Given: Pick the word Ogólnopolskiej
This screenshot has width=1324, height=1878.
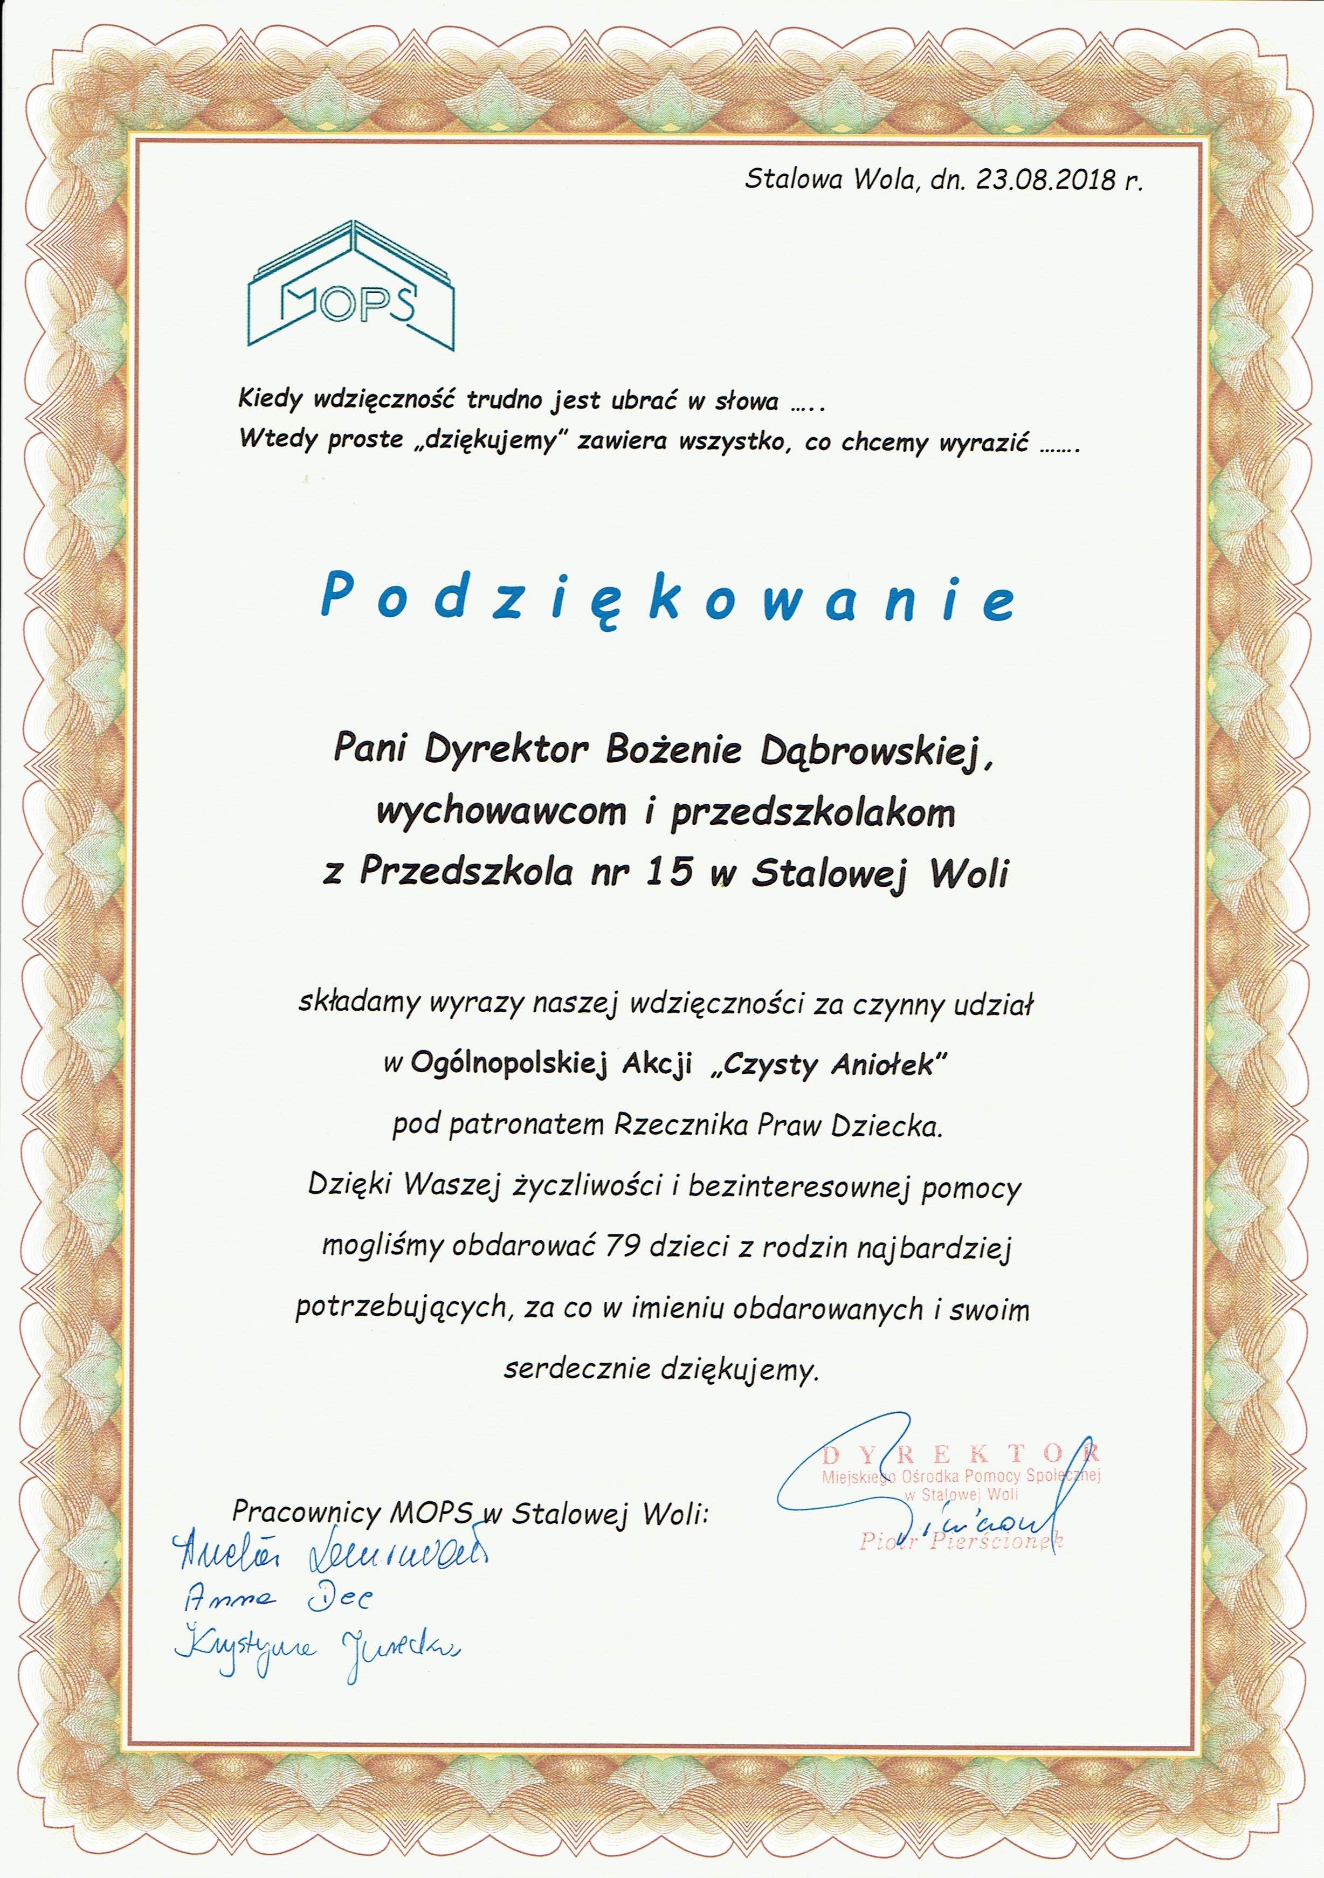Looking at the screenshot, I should [509, 1064].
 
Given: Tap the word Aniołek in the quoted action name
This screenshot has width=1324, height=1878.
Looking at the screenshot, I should [888, 1064].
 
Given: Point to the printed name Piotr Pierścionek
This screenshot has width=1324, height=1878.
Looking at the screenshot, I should [961, 1542].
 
